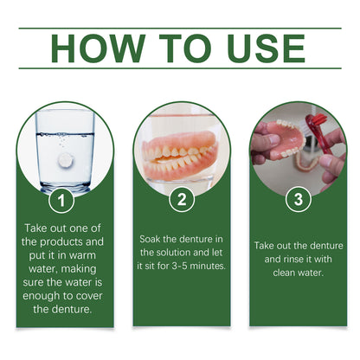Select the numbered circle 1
60,201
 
